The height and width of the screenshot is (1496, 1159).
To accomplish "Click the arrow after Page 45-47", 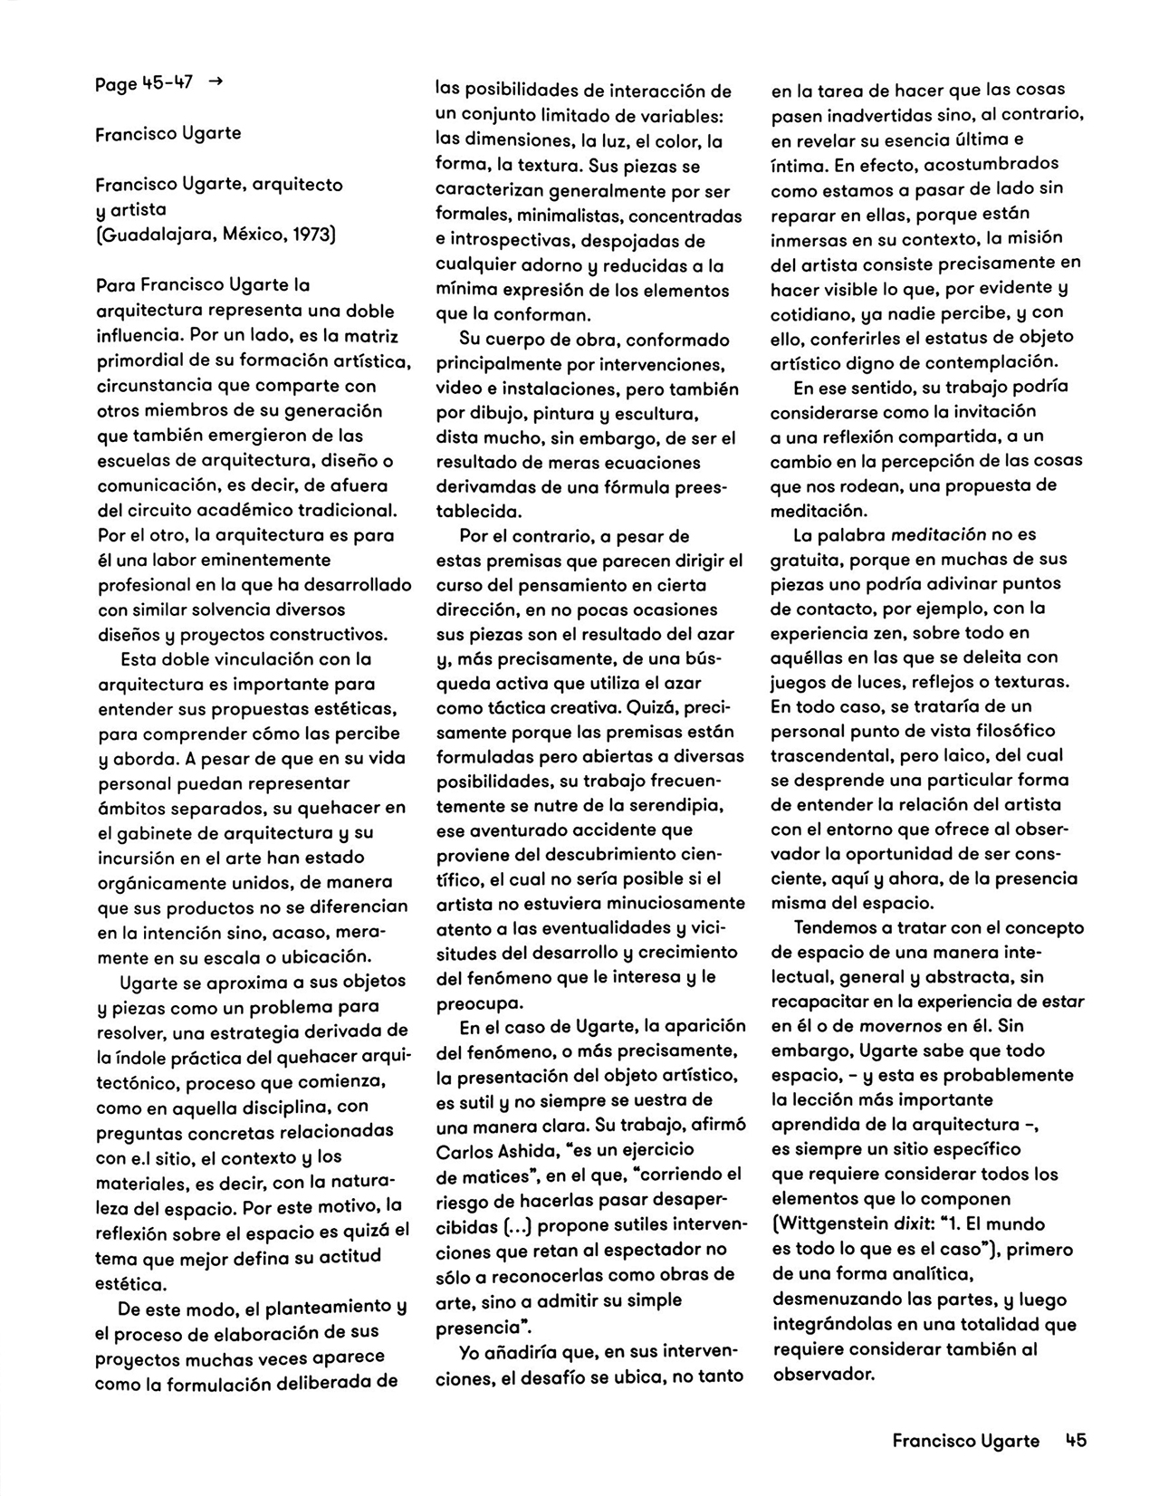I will pos(215,82).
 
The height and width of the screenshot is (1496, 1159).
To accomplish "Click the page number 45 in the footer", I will pos(1075,1440).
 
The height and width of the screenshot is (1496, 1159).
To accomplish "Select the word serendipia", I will pos(680,804).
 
